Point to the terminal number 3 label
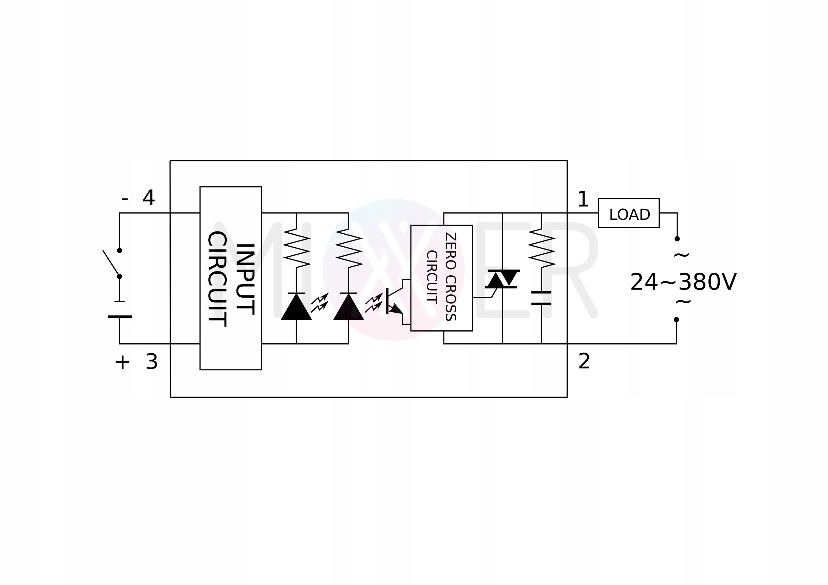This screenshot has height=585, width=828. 151,362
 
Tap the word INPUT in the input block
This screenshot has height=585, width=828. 245,279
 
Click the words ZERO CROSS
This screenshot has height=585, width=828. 451,276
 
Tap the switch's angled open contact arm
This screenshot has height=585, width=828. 111,263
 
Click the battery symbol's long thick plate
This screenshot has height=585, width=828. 120,317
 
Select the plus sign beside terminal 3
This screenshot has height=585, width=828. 122,362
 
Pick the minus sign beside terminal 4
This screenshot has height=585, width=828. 125,199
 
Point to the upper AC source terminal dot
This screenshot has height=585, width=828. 677,239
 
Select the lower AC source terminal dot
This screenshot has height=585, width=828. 676,320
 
